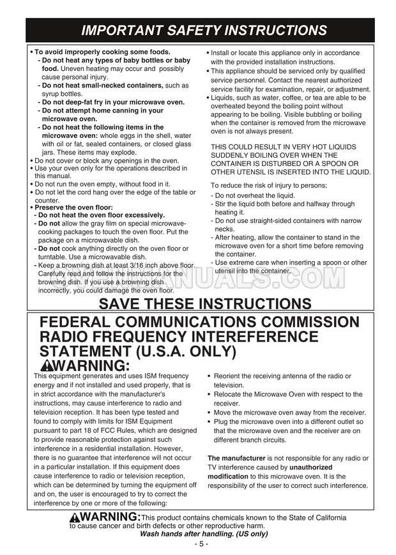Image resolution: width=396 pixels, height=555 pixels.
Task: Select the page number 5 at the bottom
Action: (x=199, y=544)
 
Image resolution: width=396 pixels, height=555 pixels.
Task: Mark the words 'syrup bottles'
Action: (x=62, y=93)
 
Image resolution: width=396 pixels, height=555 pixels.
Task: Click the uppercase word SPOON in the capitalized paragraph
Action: (x=331, y=163)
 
